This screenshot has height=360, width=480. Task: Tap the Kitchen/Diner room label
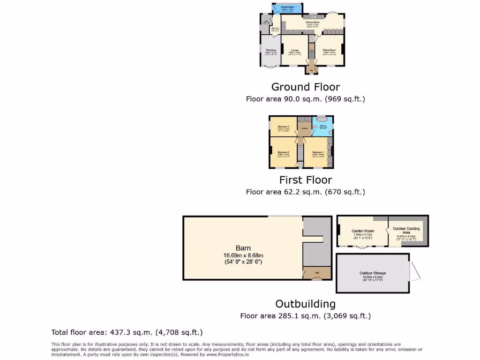click(312, 22)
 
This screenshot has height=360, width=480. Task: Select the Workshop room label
click(271, 50)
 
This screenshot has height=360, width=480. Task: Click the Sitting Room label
click(329, 50)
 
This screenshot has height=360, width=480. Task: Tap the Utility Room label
click(275, 29)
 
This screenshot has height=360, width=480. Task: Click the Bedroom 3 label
click(283, 126)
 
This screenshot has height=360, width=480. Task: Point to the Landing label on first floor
click(304, 128)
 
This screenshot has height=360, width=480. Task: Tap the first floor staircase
click(300, 150)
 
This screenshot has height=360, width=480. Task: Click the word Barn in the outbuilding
click(243, 248)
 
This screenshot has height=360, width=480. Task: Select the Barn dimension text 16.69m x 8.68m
click(243, 255)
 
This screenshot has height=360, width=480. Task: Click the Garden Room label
click(362, 231)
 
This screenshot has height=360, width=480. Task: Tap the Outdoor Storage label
click(373, 273)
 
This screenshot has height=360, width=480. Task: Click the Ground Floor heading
click(305, 87)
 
